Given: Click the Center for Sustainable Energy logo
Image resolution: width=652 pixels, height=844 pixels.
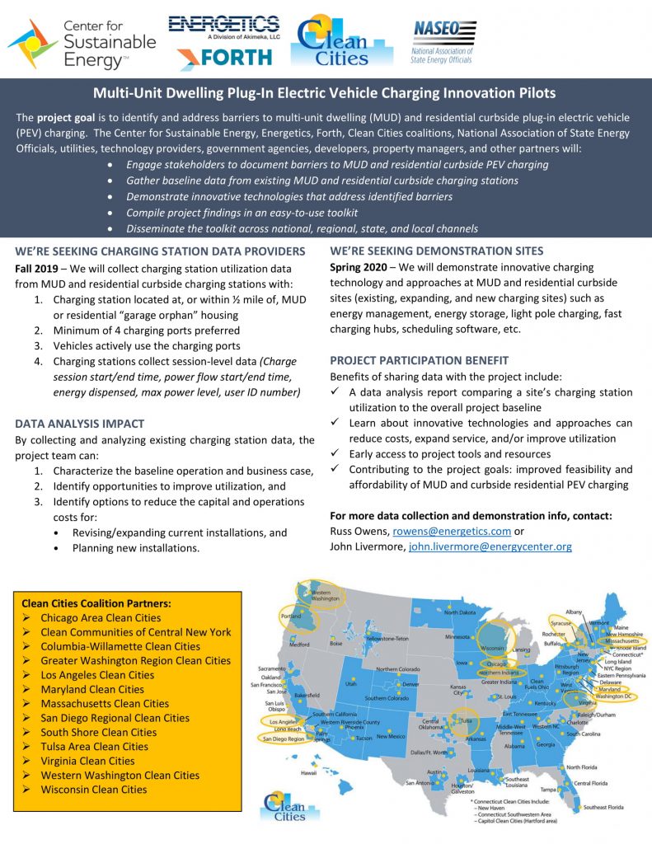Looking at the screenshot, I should [82, 42].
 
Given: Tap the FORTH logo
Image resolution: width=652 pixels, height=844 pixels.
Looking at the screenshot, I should [224, 57].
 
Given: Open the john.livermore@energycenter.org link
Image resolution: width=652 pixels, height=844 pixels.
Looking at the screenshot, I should [490, 546].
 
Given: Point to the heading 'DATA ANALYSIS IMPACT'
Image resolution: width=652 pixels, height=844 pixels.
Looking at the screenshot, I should [80, 424].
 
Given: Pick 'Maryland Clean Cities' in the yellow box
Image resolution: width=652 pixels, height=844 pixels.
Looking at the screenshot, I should [92, 689].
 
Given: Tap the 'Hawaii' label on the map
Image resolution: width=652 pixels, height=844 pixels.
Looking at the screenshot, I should [308, 772].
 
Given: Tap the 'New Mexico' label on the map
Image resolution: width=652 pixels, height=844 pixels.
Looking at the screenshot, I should [391, 736].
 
